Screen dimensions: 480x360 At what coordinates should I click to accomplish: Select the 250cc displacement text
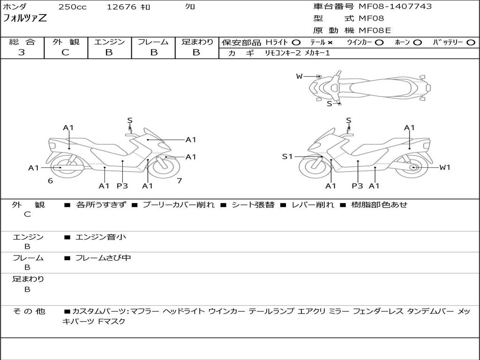72,7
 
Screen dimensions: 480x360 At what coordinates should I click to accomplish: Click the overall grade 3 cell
22,52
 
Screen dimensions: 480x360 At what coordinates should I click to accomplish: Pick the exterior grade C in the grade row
66,52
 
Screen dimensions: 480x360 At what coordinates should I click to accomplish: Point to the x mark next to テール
330,43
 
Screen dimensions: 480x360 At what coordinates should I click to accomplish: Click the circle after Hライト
296,43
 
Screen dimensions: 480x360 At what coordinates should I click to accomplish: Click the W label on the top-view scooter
299,76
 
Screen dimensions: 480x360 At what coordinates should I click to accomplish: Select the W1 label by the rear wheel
444,167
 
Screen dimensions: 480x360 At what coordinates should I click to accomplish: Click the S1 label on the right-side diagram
287,157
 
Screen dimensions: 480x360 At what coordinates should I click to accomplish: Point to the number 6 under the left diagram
50,180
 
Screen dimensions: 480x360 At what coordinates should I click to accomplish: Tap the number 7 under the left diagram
179,180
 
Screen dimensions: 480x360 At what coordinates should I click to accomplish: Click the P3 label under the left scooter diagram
122,186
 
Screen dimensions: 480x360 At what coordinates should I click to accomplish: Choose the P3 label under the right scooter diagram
358,186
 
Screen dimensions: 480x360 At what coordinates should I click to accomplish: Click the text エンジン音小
100,237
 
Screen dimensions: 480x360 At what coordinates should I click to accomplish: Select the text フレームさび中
103,258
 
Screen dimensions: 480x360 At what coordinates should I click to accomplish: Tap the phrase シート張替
253,205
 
